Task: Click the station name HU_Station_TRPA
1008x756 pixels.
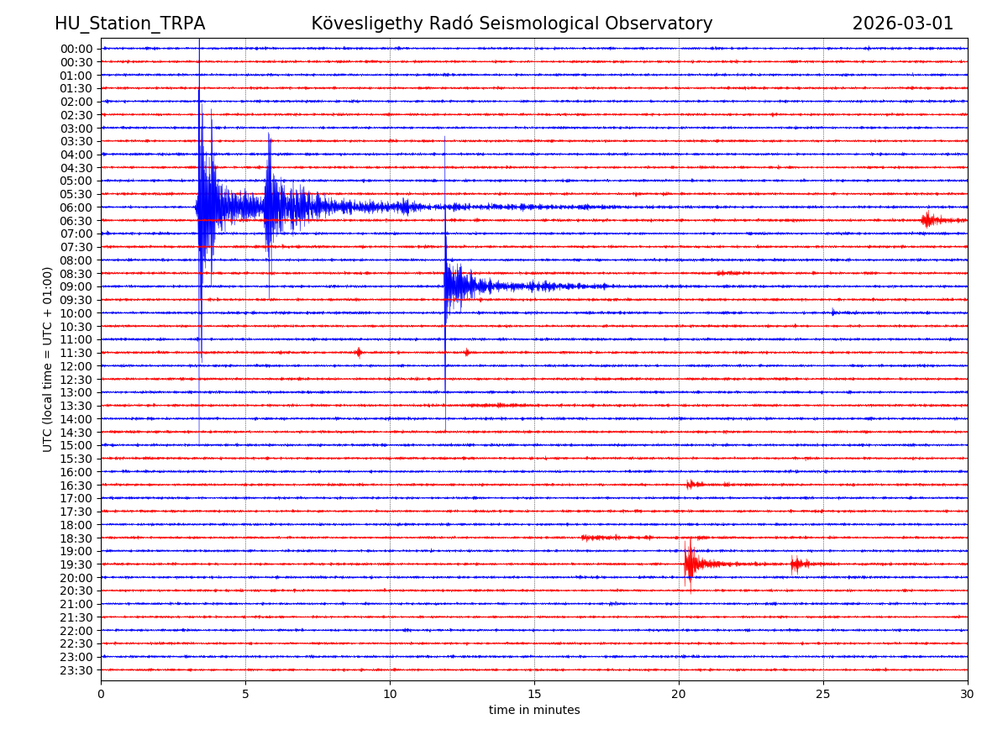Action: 129,24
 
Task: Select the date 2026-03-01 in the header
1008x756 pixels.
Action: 903,24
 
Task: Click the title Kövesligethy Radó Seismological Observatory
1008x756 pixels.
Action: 512,24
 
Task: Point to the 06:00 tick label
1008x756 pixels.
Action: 76,207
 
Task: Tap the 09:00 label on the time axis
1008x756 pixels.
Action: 76,286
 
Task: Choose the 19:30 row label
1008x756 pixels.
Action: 76,564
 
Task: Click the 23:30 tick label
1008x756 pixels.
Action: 76,670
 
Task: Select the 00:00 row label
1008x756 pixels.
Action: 76,49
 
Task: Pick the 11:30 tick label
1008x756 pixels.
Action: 76,353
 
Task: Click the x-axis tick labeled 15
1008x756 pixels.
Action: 534,695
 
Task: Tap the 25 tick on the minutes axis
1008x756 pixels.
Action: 823,695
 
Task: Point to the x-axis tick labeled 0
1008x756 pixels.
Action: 101,695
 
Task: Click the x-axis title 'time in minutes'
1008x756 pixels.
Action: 534,711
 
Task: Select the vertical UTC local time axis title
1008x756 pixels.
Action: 48,359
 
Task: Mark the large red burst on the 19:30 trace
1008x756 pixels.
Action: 690,564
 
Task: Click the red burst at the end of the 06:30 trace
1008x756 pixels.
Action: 928,220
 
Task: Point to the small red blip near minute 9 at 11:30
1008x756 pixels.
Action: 359,353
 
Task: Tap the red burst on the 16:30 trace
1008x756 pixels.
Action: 690,485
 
